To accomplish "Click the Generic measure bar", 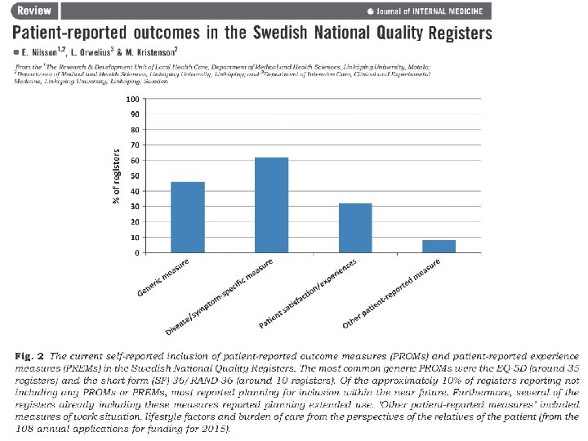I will tap(188, 217).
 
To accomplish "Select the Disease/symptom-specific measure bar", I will tap(271, 205).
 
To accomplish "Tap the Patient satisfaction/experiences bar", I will tap(355, 228).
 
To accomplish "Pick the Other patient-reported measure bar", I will tap(439, 246).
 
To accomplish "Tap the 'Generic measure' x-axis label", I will tap(163, 278).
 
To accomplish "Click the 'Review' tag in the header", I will tap(33, 11).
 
